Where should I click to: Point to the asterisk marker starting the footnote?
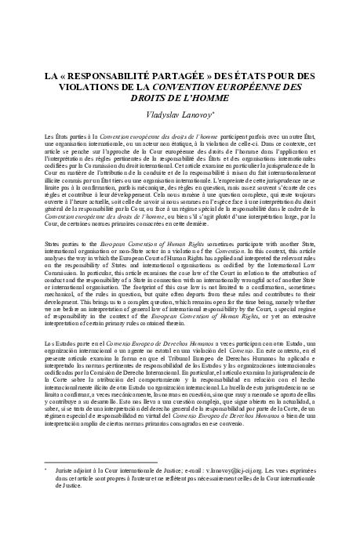(x=48, y=467)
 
